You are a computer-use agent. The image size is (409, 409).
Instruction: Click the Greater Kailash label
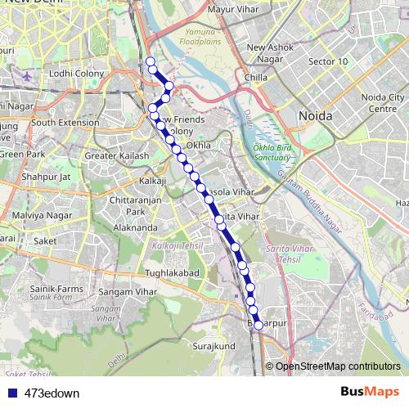coord(117,155)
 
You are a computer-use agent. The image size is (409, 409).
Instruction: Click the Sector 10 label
coord(328,62)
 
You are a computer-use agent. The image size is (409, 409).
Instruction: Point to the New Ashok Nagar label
coord(266,53)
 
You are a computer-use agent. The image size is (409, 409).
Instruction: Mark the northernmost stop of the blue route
coord(150,61)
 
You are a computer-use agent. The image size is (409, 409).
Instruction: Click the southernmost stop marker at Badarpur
coord(258,325)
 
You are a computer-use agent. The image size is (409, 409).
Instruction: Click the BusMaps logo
coord(370,392)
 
